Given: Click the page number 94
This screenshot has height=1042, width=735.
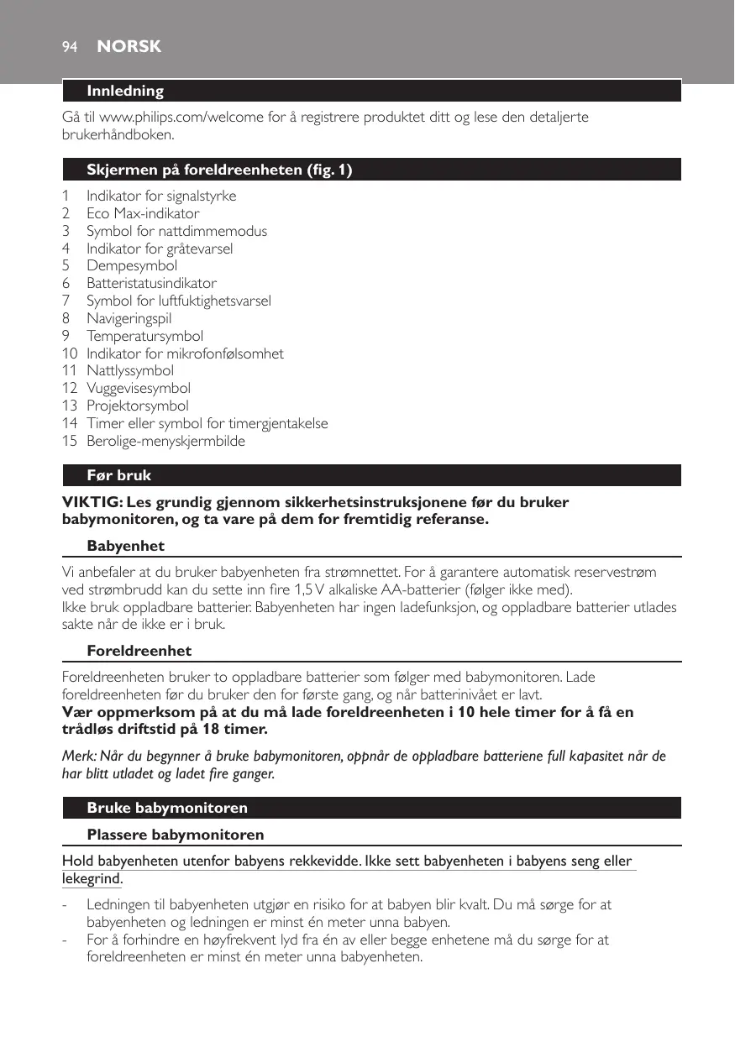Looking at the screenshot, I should pyautogui.click(x=70, y=47).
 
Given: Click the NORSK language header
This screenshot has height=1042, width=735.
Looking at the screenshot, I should pyautogui.click(x=129, y=47).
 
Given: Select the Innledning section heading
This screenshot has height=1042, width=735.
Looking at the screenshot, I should pyautogui.click(x=125, y=91).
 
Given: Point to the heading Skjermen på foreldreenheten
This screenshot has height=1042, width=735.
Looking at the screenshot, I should pyautogui.click(x=219, y=170).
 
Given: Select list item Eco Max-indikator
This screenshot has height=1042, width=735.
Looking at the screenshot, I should pyautogui.click(x=143, y=213).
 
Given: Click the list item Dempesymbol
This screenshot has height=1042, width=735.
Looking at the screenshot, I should pyautogui.click(x=132, y=266).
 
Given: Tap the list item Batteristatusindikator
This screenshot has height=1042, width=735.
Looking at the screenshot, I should pyautogui.click(x=151, y=284).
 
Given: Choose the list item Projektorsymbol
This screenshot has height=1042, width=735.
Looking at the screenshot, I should pyautogui.click(x=137, y=406).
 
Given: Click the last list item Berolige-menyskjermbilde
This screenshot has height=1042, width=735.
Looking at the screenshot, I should pyautogui.click(x=165, y=441).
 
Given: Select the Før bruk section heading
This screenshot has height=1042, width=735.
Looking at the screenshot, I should pyautogui.click(x=119, y=475).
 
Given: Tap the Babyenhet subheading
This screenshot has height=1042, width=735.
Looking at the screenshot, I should pyautogui.click(x=125, y=546).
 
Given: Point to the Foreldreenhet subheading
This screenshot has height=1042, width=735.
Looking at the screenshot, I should pyautogui.click(x=139, y=651).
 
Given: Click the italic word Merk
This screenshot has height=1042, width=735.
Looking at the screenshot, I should pyautogui.click(x=77, y=757).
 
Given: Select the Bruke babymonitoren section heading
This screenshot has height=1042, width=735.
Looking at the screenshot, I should pyautogui.click(x=167, y=808).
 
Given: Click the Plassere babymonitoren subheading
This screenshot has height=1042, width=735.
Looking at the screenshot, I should pyautogui.click(x=175, y=835).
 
